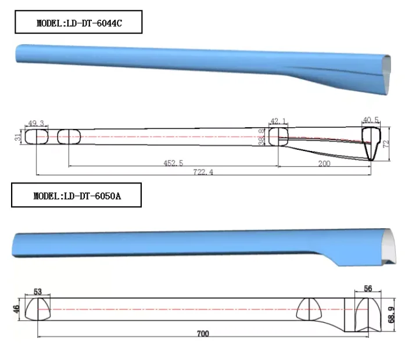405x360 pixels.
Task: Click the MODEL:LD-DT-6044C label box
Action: [78, 24]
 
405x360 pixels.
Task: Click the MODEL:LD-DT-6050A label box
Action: [77, 196]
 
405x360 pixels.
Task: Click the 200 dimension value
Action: [324, 164]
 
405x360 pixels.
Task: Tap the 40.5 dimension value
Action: [370, 120]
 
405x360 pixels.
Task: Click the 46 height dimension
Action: [17, 309]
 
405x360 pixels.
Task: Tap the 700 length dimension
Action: [202, 334]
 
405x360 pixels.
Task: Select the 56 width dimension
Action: [367, 289]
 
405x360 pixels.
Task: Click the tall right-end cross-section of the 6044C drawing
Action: [370, 142]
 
